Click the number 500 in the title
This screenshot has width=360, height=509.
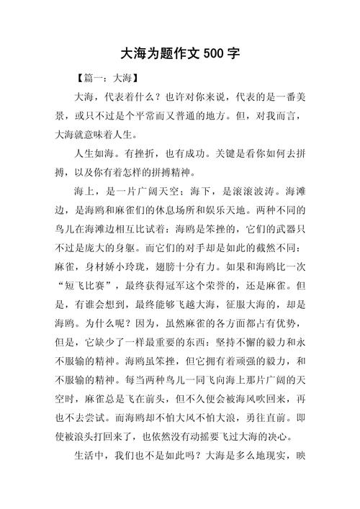pyautogui.click(x=215, y=54)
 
